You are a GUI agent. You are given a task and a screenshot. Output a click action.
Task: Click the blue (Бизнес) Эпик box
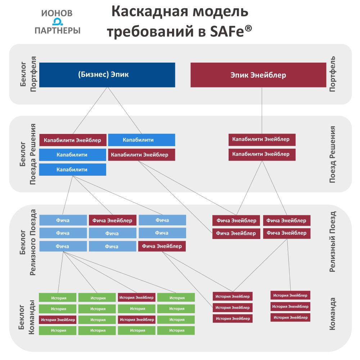[107, 75]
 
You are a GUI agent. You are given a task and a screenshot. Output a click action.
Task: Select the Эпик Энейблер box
[258, 75]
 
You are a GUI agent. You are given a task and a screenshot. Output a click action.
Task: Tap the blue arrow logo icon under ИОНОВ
[57, 22]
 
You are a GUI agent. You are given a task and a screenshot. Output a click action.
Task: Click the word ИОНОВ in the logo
[57, 13]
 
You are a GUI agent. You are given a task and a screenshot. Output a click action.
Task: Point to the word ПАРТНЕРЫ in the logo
[57, 30]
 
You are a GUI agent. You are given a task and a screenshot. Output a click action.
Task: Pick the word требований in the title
[150, 31]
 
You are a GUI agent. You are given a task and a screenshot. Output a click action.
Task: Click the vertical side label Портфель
[332, 74]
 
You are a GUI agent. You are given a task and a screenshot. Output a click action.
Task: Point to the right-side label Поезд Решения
[332, 154]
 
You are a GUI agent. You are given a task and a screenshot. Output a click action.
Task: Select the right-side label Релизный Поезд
[332, 242]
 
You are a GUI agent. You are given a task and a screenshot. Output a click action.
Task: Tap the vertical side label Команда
[332, 314]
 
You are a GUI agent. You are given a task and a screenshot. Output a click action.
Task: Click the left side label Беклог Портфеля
[28, 74]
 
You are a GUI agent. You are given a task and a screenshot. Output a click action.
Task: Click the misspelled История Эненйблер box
[290, 306]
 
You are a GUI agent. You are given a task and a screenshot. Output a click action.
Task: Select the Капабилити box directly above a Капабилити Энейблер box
[141, 140]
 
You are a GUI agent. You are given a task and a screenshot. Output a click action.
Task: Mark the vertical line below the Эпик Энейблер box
[262, 111]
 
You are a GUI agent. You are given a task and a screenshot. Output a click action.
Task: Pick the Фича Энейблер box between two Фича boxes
[112, 220]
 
